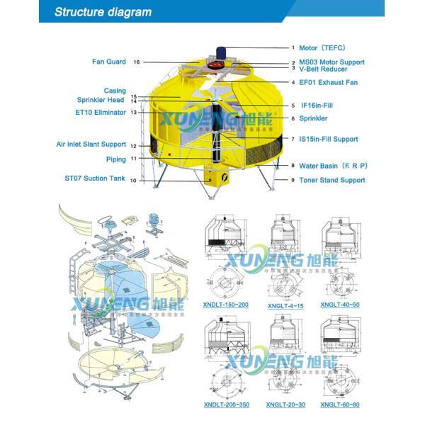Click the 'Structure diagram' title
(x=103, y=12)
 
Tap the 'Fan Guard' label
(x=109, y=62)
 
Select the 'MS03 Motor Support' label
(x=332, y=62)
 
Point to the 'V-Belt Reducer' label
(x=323, y=69)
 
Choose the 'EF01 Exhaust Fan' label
(x=328, y=83)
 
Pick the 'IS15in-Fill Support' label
(x=328, y=139)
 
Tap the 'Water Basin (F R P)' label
(x=333, y=165)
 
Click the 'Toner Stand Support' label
(x=331, y=180)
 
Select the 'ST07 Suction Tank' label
(x=95, y=178)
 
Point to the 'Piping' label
(x=115, y=159)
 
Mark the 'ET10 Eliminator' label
(x=101, y=112)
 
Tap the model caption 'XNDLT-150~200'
(x=225, y=305)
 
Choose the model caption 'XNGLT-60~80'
(x=340, y=404)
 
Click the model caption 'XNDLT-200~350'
(x=225, y=404)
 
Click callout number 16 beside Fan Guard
(x=137, y=62)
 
